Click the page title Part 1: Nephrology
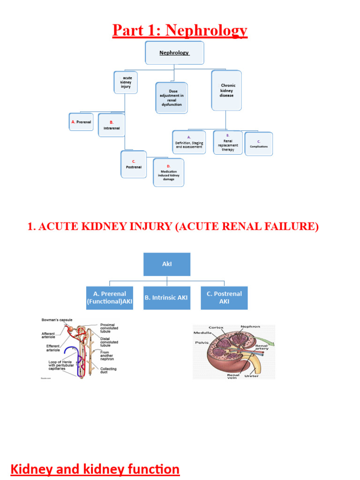[x=180, y=30]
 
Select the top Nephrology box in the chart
[x=174, y=52]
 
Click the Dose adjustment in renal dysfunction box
[x=172, y=97]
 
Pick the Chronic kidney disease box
[x=226, y=90]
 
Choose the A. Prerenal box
[x=81, y=122]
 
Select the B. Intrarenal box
[x=112, y=125]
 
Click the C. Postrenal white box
[x=134, y=164]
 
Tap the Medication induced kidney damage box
[x=169, y=172]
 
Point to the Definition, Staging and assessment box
[x=189, y=142]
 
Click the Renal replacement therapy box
[x=228, y=142]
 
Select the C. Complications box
[x=259, y=143]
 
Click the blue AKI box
[x=167, y=264]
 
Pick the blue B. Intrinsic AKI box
[x=167, y=298]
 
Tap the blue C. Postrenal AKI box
[x=224, y=298]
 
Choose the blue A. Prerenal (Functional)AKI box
[x=110, y=298]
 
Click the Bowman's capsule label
[x=57, y=320]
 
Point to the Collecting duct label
[x=109, y=370]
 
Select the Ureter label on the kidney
[x=251, y=376]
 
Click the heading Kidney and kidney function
[x=95, y=469]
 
